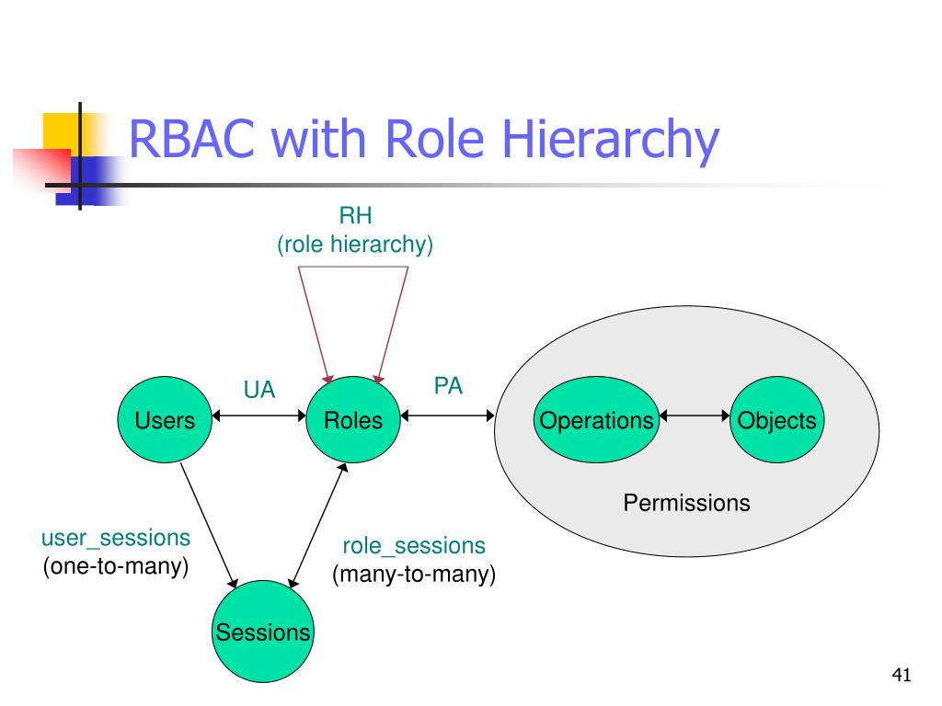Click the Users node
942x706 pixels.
coord(165,419)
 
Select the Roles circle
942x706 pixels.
coord(353,419)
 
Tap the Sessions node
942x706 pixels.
coord(262,631)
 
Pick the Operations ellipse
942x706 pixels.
coord(596,419)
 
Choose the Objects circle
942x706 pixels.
coord(776,419)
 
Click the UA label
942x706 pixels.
coord(259,390)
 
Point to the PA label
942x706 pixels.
coord(448,386)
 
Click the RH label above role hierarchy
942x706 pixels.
coord(356,215)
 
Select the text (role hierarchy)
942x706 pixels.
coord(355,245)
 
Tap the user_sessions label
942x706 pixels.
coord(116,538)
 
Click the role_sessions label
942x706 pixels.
coord(414,546)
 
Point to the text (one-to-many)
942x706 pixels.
coord(116,566)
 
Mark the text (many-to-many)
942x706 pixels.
coord(414,574)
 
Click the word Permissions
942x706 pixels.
coord(686,503)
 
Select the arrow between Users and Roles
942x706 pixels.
coord(258,416)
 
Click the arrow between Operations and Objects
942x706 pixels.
coord(695,416)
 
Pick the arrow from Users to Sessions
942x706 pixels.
coord(209,525)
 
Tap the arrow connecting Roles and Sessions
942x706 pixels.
coord(317,525)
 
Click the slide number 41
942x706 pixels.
coord(902,675)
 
